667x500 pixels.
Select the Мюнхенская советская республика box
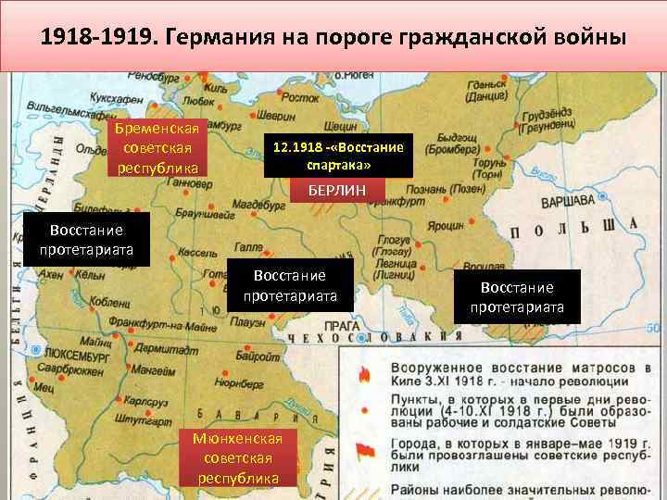[x=238, y=457]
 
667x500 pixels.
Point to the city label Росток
[x=298, y=95]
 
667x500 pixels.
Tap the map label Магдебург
[x=258, y=203]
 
